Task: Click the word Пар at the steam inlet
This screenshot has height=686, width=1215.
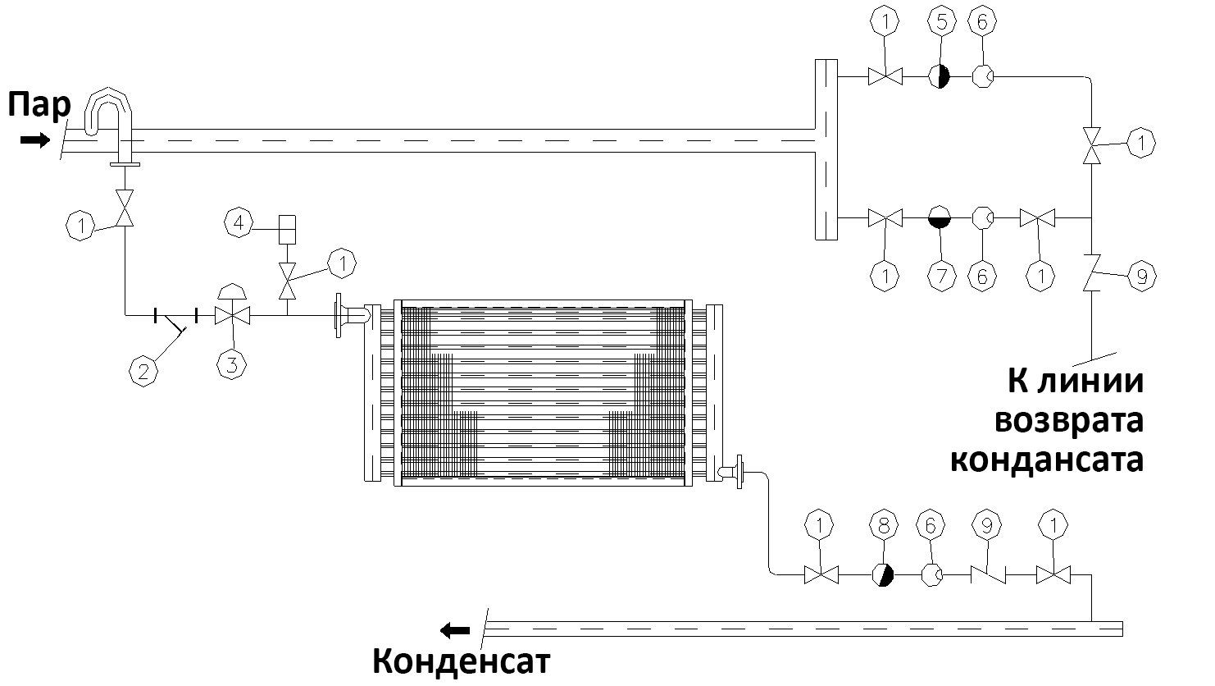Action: (x=39, y=105)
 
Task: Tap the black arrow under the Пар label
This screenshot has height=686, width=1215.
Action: (x=35, y=140)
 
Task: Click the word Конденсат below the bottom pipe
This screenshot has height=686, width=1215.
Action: (x=461, y=661)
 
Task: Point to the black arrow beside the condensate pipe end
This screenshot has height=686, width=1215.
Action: (x=455, y=631)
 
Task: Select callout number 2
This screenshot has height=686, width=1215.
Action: (x=143, y=372)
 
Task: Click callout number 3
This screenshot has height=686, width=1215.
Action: (x=232, y=364)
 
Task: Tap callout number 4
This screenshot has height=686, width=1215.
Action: (x=239, y=222)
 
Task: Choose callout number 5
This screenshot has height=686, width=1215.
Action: (x=942, y=21)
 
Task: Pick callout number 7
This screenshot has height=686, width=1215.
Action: (x=942, y=277)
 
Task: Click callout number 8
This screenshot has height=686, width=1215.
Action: (x=884, y=525)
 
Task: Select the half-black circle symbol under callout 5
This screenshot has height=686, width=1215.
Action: (x=940, y=76)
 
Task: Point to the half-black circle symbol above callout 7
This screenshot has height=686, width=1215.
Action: (x=940, y=217)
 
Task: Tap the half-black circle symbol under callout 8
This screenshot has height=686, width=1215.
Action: (x=883, y=574)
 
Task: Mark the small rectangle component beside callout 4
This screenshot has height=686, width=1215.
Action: (x=287, y=230)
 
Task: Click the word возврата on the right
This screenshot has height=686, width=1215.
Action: (x=1069, y=421)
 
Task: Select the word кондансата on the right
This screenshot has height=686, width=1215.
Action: (x=1048, y=460)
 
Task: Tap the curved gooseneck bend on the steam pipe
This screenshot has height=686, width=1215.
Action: (x=108, y=112)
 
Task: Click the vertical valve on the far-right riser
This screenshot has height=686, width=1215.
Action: (x=1091, y=145)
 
